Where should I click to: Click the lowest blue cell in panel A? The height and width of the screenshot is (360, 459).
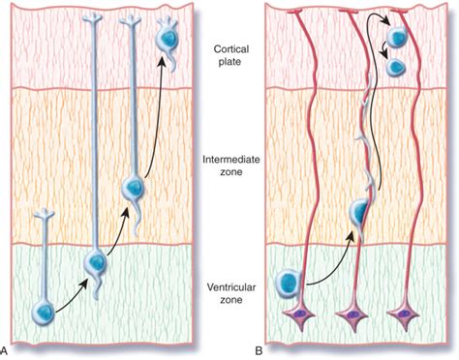43,312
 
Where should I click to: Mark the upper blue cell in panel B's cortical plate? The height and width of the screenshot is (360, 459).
396,37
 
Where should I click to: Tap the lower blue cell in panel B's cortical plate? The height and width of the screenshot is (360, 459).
395,67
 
